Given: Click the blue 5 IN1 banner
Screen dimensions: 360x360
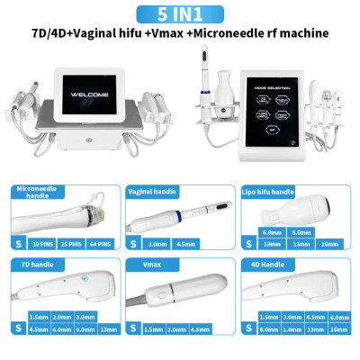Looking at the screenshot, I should [180, 13].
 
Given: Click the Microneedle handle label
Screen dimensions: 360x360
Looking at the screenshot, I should [37, 193].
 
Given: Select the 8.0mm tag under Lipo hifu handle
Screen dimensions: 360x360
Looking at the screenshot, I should [301, 231].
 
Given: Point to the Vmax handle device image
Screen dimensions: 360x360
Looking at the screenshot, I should [184, 292].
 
